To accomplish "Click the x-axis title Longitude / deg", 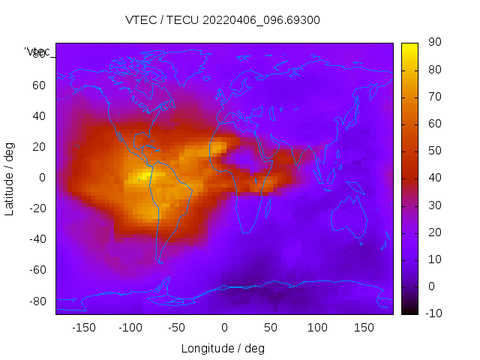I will [223, 349].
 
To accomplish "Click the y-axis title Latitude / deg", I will [10, 178].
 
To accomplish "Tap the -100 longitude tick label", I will [130, 328].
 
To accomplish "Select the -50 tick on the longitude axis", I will [177, 328].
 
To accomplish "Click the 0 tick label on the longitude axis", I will [223, 328].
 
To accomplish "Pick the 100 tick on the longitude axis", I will [317, 328].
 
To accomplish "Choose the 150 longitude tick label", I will [364, 328].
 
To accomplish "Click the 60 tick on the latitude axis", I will [39, 85].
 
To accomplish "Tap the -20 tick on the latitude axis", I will [37, 208].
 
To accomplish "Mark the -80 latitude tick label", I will [37, 301].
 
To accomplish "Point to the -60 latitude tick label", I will [37, 270].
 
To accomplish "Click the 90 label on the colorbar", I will [433, 43].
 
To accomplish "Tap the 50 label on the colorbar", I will [433, 151].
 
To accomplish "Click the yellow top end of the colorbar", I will [409, 46].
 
